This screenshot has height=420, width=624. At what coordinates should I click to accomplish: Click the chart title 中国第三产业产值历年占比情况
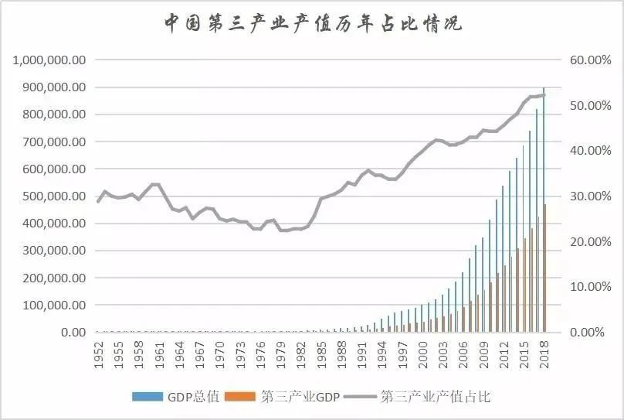[x=312, y=23]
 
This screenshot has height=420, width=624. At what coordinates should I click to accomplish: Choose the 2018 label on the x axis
[x=544, y=352]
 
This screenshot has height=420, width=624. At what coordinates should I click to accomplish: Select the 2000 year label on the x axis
[x=422, y=352]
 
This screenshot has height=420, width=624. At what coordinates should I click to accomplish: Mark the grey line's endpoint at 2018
[x=544, y=95]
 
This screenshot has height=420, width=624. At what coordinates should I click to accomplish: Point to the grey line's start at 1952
[x=98, y=201]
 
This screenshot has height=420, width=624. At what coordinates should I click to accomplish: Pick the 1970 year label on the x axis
[x=220, y=352]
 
